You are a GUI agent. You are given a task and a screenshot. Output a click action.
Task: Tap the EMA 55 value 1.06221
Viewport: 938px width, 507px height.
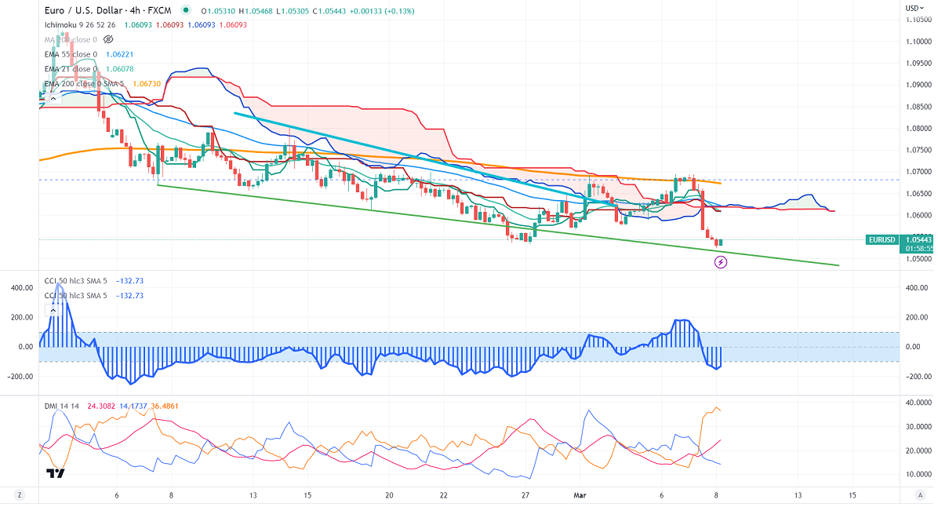point(118,54)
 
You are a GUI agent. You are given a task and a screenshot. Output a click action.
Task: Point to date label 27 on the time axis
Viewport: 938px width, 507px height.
point(526,495)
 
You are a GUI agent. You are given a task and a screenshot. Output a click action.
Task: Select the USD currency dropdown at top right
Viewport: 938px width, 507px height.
point(913,8)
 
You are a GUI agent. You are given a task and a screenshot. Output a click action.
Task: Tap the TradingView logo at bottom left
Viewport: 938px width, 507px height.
point(55,473)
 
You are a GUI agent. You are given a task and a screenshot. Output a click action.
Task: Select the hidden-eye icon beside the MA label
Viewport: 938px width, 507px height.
point(108,39)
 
